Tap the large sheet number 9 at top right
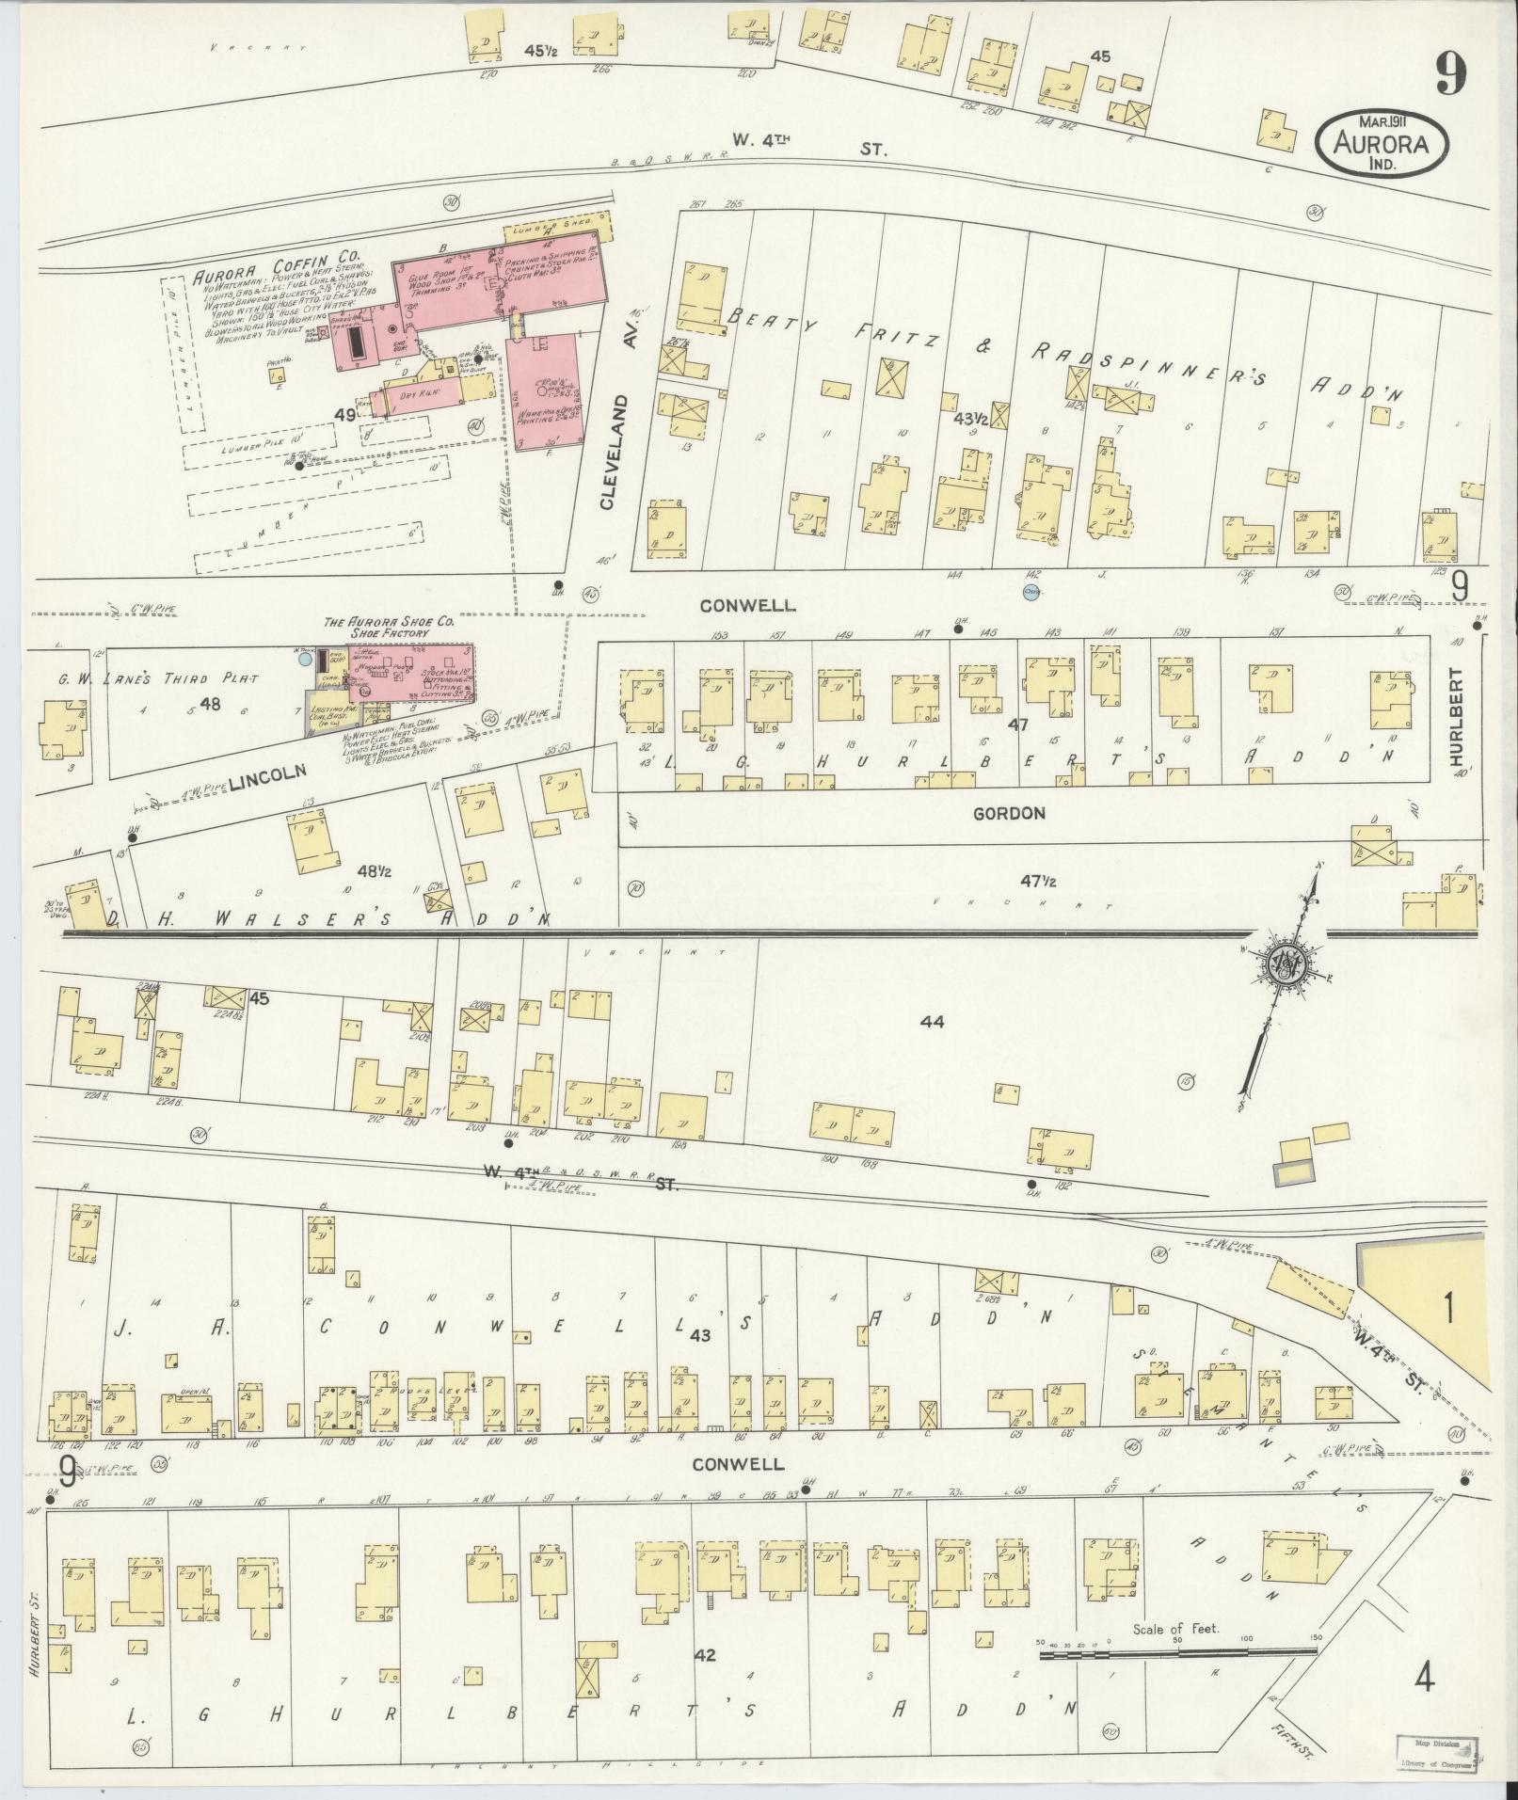coord(1450,72)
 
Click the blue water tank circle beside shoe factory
coord(304,660)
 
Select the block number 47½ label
coord(1038,882)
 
